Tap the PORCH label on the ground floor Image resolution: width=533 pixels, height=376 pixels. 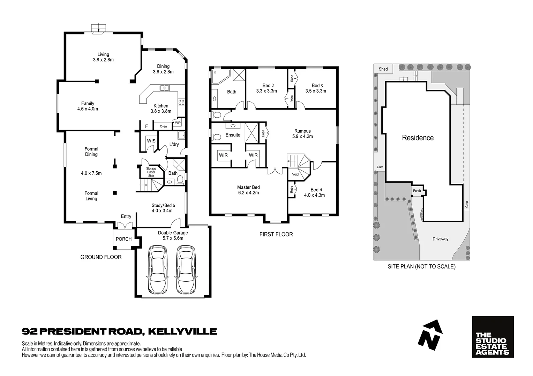click(x=123, y=239)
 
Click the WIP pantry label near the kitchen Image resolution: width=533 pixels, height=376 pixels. click(x=178, y=123)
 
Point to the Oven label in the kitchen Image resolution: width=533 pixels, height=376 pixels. click(x=163, y=126)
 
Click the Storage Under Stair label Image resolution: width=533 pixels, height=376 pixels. click(x=151, y=172)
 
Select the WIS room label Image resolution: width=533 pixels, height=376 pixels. click(x=151, y=141)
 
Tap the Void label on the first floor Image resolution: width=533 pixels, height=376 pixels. click(x=295, y=174)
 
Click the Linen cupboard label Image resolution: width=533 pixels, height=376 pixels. click(x=263, y=133)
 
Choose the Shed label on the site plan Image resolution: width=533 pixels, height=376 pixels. click(x=383, y=69)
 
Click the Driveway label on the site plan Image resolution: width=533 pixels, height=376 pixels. click(x=440, y=239)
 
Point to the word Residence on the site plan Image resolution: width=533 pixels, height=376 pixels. click(x=418, y=138)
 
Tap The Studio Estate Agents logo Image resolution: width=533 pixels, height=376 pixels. click(x=493, y=337)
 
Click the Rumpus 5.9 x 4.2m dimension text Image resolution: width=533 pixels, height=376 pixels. click(x=302, y=136)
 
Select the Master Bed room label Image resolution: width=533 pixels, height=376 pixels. click(x=248, y=187)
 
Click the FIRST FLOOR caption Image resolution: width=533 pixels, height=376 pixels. click(x=276, y=234)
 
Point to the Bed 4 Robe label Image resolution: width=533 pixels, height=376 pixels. click(x=291, y=190)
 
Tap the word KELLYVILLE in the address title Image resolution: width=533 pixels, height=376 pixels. click(x=182, y=331)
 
